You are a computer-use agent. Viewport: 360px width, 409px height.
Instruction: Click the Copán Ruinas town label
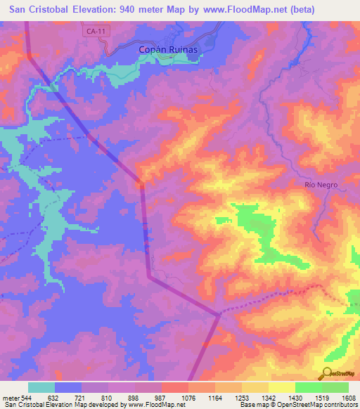[169, 51]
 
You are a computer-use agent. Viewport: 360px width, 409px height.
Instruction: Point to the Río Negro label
[321, 185]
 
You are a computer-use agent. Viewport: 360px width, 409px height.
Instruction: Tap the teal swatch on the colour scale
[41, 387]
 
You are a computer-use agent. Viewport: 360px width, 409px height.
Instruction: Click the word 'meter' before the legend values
[12, 397]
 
